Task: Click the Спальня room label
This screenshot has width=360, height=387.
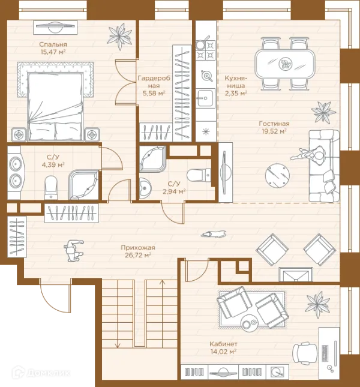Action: coord(53,44)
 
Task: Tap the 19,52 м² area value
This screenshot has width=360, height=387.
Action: coord(274,131)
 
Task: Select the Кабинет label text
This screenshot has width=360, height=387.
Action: coord(224,344)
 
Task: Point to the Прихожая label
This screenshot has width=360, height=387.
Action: coord(138,248)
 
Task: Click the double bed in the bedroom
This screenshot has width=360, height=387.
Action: coord(55,101)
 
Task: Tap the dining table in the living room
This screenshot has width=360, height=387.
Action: coord(285,64)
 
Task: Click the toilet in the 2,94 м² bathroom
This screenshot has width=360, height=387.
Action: coord(199,175)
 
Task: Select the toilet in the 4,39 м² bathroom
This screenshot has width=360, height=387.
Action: coord(51,187)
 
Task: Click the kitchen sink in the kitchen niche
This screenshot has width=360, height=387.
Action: coord(205,98)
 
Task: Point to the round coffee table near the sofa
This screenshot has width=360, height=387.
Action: coord(277,175)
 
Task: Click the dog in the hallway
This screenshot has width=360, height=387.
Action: coord(74,251)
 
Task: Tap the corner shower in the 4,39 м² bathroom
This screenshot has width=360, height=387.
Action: coord(83,185)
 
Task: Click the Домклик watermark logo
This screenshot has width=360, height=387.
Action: coord(41,373)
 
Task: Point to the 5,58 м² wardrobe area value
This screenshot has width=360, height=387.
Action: coord(154,93)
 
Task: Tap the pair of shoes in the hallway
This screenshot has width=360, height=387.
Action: coord(214,234)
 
